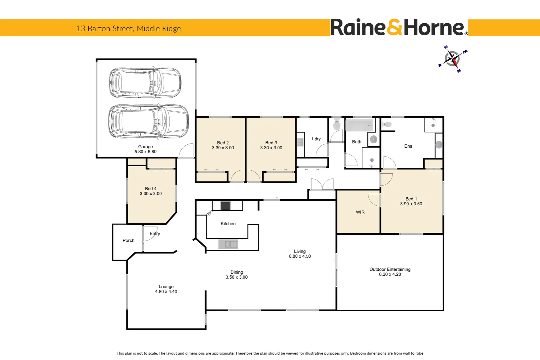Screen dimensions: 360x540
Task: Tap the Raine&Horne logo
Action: [x=399, y=28]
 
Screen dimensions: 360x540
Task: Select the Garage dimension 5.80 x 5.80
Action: [x=146, y=152]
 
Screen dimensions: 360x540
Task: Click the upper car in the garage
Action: [x=145, y=83]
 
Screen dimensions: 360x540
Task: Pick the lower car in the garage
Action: [x=149, y=121]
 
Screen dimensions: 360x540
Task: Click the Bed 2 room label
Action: [x=223, y=143]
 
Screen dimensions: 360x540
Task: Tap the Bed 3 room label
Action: [x=271, y=143]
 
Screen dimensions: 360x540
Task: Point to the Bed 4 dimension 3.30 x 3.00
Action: [x=151, y=194]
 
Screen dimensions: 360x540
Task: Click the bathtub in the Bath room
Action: [x=359, y=126]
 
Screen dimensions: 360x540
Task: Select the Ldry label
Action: [x=316, y=139]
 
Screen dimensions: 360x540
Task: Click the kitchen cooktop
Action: [x=226, y=206]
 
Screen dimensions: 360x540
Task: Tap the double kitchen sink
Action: [x=228, y=244]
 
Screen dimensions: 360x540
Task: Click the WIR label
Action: [x=360, y=212]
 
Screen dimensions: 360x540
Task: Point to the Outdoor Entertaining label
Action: [x=390, y=269]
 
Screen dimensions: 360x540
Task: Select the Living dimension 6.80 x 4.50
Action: [x=300, y=256]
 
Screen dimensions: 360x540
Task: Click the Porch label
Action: [x=129, y=240]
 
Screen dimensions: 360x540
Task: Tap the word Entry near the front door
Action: [x=155, y=234]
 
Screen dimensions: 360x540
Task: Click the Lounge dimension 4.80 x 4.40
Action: [x=166, y=292]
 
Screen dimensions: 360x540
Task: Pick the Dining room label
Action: [x=237, y=272]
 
